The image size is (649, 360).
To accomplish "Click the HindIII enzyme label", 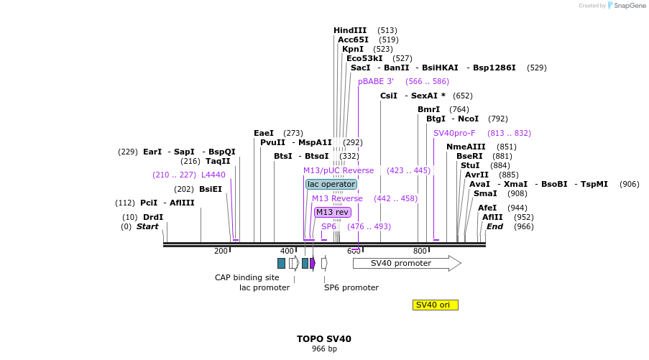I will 350,30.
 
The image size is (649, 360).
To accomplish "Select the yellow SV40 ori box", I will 435,305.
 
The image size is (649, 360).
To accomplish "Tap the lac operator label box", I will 331,184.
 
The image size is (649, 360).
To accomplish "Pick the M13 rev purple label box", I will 333,212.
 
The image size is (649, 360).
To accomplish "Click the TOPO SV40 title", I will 324,338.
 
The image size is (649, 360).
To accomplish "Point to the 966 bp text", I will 324,349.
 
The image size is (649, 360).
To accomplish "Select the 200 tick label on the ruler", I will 221,251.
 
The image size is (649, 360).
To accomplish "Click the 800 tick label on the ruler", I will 420,251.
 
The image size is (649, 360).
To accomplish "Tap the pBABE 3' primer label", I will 376,81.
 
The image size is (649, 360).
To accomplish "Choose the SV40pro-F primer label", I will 454,133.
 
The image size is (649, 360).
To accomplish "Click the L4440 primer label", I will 213,175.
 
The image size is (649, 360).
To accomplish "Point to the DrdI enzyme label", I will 153,217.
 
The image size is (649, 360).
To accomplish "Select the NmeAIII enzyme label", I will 466,147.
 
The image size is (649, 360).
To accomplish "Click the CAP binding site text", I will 247,277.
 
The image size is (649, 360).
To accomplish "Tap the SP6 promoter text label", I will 351,287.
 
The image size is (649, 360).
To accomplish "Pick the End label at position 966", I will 494,226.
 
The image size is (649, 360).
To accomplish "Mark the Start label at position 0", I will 147,226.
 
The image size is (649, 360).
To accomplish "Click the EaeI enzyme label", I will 264,133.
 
